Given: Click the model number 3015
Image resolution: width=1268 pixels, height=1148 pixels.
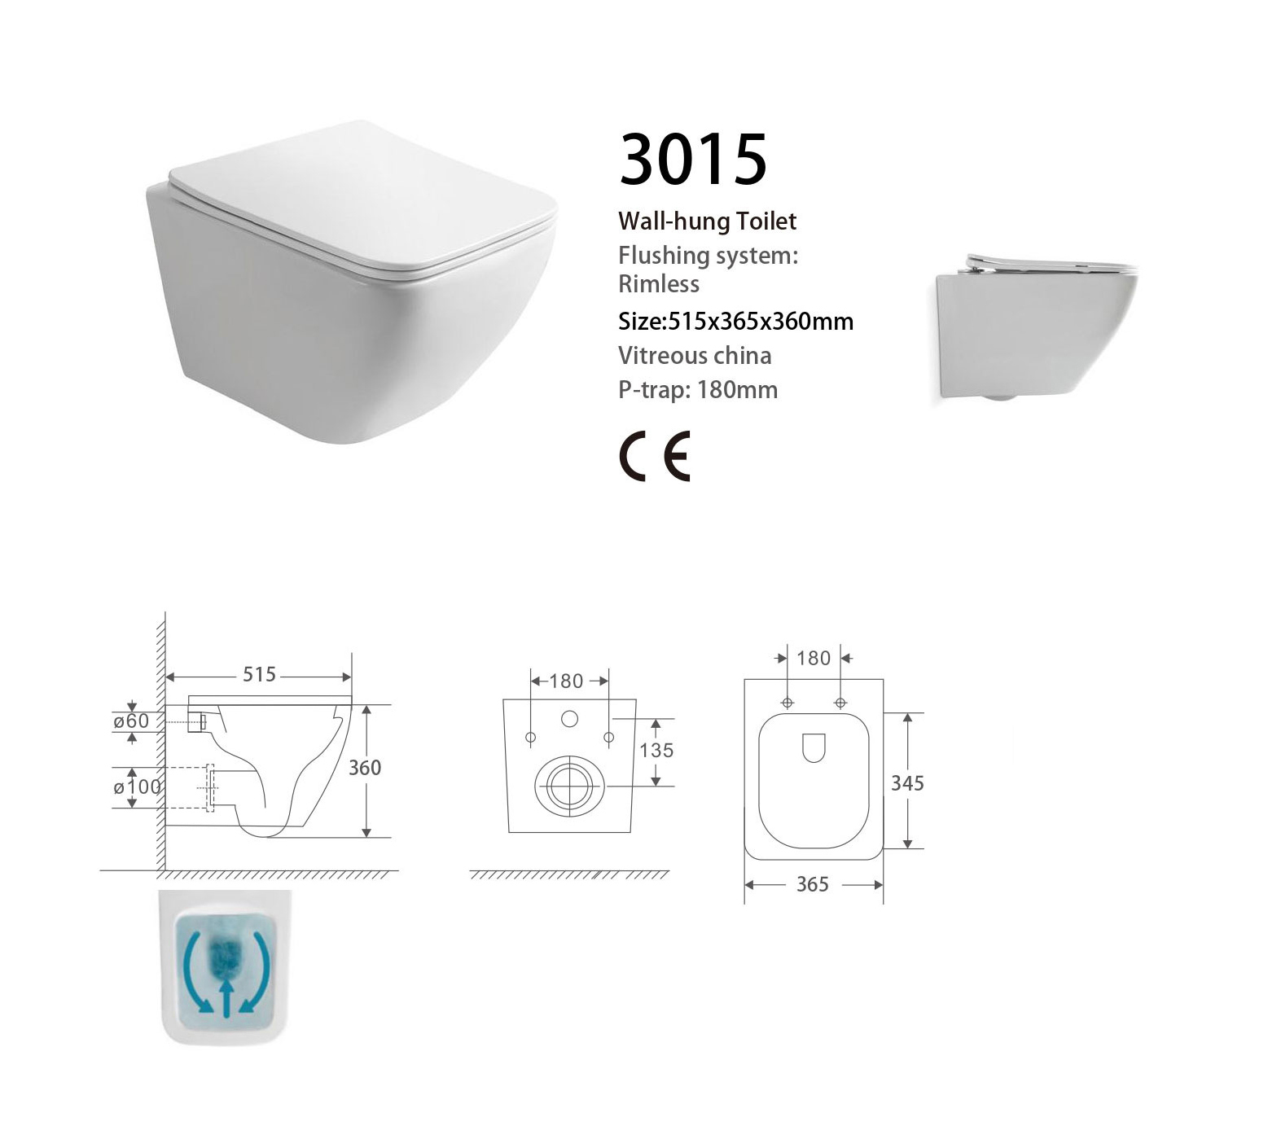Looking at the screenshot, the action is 693,159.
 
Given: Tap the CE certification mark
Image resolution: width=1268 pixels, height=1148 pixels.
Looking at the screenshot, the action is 654,456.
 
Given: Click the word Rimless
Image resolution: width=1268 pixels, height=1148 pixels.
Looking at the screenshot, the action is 659,284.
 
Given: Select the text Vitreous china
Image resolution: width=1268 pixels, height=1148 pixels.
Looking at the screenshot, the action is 695,356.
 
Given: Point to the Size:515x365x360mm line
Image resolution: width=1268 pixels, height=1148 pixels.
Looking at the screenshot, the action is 736,321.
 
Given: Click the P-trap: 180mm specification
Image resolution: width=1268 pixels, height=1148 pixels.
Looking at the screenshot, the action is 698,390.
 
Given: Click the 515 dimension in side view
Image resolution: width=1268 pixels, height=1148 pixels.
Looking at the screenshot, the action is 259,675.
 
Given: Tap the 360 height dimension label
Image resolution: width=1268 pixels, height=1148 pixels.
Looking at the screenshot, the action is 365,767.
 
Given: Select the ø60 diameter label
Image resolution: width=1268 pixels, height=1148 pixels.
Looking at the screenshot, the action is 131,721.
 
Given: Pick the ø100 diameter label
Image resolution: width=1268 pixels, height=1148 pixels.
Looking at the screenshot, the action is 138,787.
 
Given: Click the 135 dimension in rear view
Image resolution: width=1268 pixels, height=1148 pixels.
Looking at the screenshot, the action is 656,750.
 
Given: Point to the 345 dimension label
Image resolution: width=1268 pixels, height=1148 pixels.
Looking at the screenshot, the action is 907,783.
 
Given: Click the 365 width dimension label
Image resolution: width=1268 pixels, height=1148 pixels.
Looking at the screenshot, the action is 812,884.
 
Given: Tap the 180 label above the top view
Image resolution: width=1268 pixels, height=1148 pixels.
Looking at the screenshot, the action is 814,658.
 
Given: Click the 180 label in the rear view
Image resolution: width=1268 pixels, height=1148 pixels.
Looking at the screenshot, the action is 567,681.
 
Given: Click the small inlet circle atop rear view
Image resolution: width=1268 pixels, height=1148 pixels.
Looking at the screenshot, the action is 569,719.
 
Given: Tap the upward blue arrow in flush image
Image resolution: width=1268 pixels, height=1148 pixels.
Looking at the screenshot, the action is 226,998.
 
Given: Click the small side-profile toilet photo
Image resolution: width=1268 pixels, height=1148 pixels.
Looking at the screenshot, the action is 1035,329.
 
